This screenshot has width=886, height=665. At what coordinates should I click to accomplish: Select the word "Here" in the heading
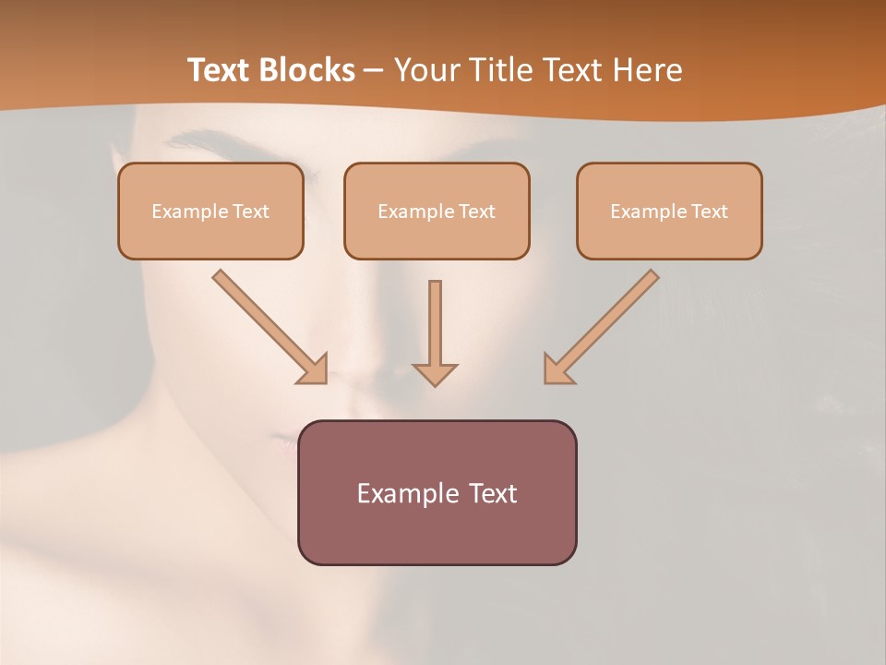pyautogui.click(x=647, y=70)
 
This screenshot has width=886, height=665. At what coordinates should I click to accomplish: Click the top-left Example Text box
pyautogui.click(x=210, y=211)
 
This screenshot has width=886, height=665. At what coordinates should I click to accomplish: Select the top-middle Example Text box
pyautogui.click(x=437, y=211)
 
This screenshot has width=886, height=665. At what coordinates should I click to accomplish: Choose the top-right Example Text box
pyautogui.click(x=669, y=211)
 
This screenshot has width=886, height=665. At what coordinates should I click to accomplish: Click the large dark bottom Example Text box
pyautogui.click(x=437, y=492)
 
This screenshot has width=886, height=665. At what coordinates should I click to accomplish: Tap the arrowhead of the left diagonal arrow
pyautogui.click(x=315, y=369)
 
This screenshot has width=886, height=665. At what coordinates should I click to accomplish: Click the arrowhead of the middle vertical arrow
pyautogui.click(x=435, y=375)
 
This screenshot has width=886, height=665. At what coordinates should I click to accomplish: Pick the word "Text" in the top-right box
pyautogui.click(x=710, y=212)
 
